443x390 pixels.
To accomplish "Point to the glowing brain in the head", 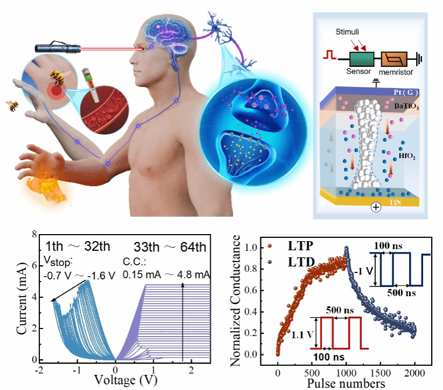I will point(162,30).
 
